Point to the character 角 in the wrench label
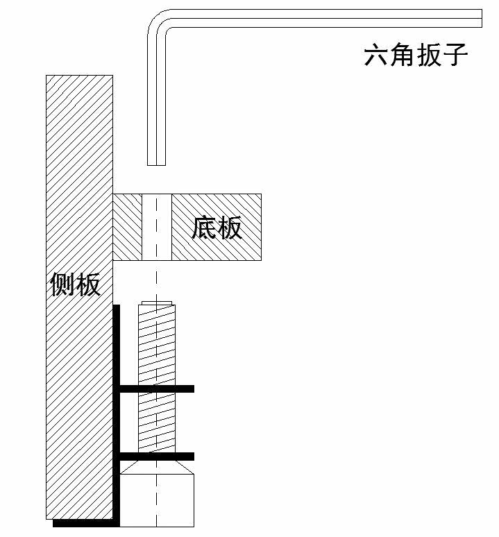[x=403, y=56]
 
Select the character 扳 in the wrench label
[x=429, y=56]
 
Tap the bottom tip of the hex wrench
[x=157, y=163]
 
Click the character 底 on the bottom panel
[x=204, y=227]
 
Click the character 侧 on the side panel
[x=62, y=284]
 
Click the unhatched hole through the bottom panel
[x=157, y=226]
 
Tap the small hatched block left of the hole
[x=128, y=226]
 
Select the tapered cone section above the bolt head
[x=157, y=467]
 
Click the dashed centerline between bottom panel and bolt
[x=157, y=281]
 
